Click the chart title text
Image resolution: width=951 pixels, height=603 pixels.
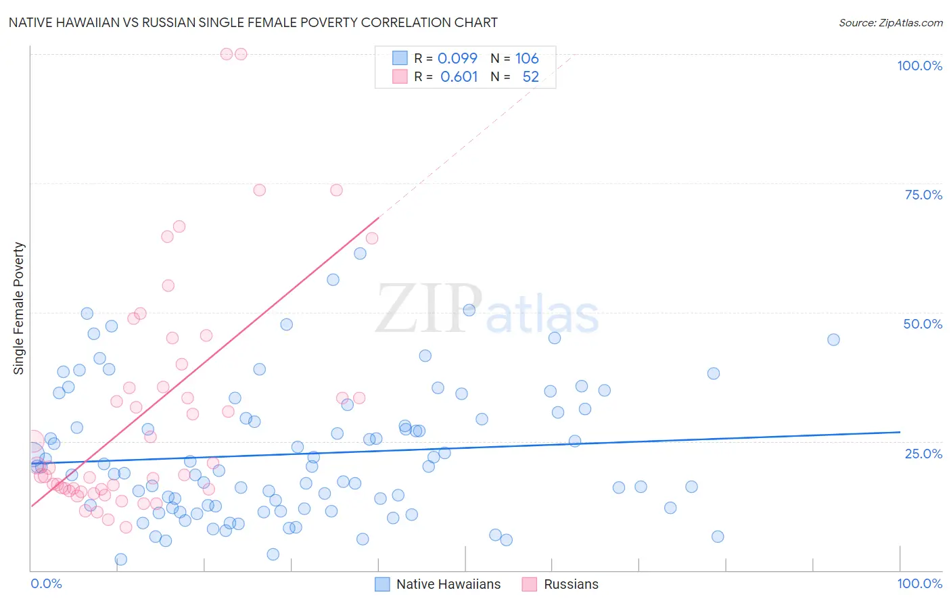253,22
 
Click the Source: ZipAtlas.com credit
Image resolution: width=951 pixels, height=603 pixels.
890,22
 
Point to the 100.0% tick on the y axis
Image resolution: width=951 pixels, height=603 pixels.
919,66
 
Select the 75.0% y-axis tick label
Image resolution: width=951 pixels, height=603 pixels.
923,195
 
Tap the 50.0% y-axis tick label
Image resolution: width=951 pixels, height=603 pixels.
923,324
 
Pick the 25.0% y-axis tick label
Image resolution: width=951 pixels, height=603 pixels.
923,453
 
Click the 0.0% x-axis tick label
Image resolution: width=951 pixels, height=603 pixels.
46,583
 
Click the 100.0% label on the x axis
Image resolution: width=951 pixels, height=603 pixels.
919,583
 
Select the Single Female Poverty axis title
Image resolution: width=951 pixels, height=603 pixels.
19,308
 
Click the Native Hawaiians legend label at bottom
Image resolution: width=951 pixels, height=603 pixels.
448,584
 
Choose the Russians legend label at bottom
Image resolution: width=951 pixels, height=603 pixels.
571,584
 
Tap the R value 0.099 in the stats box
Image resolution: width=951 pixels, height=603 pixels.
457,58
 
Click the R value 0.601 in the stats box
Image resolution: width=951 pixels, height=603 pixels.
459,76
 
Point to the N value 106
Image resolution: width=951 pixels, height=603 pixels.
527,58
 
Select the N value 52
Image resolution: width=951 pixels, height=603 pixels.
530,76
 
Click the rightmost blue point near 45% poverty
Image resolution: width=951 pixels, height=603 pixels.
833,339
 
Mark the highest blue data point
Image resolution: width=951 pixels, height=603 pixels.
360,254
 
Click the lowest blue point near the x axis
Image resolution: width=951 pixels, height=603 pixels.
121,559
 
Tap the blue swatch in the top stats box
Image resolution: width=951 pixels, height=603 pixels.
400,58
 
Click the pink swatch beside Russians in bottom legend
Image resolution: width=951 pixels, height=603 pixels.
529,584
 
